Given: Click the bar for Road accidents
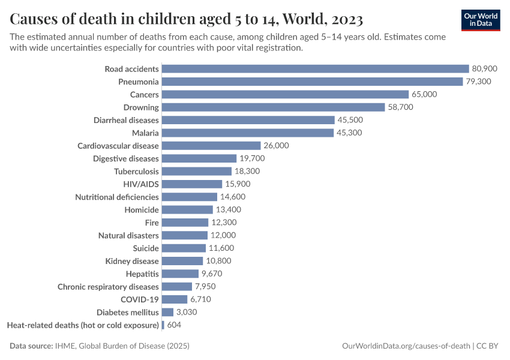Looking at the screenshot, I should (x=315, y=69).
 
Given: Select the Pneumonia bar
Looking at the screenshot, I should (x=312, y=82).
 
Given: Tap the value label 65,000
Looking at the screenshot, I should (x=424, y=95).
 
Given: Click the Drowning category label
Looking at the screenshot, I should (x=141, y=107).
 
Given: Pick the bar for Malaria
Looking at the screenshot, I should (x=247, y=133).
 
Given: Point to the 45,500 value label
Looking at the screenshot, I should (x=350, y=120).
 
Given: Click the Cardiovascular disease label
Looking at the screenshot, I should (x=118, y=146).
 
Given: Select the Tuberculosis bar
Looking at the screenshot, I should (x=197, y=171).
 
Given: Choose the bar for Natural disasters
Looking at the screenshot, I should (x=185, y=235).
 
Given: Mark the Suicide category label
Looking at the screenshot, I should (x=146, y=248).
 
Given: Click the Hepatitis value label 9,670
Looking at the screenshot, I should (x=212, y=274).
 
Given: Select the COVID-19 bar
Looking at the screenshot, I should (x=175, y=299).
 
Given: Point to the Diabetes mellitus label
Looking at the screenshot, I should (x=128, y=313).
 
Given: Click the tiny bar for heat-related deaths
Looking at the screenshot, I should (x=163, y=325).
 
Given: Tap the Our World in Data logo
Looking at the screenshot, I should (x=481, y=20).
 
